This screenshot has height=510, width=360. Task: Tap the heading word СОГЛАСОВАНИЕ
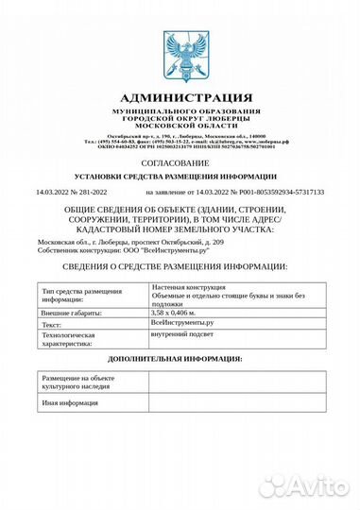coord(179,161)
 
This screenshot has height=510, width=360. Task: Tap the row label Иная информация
coord(70,403)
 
